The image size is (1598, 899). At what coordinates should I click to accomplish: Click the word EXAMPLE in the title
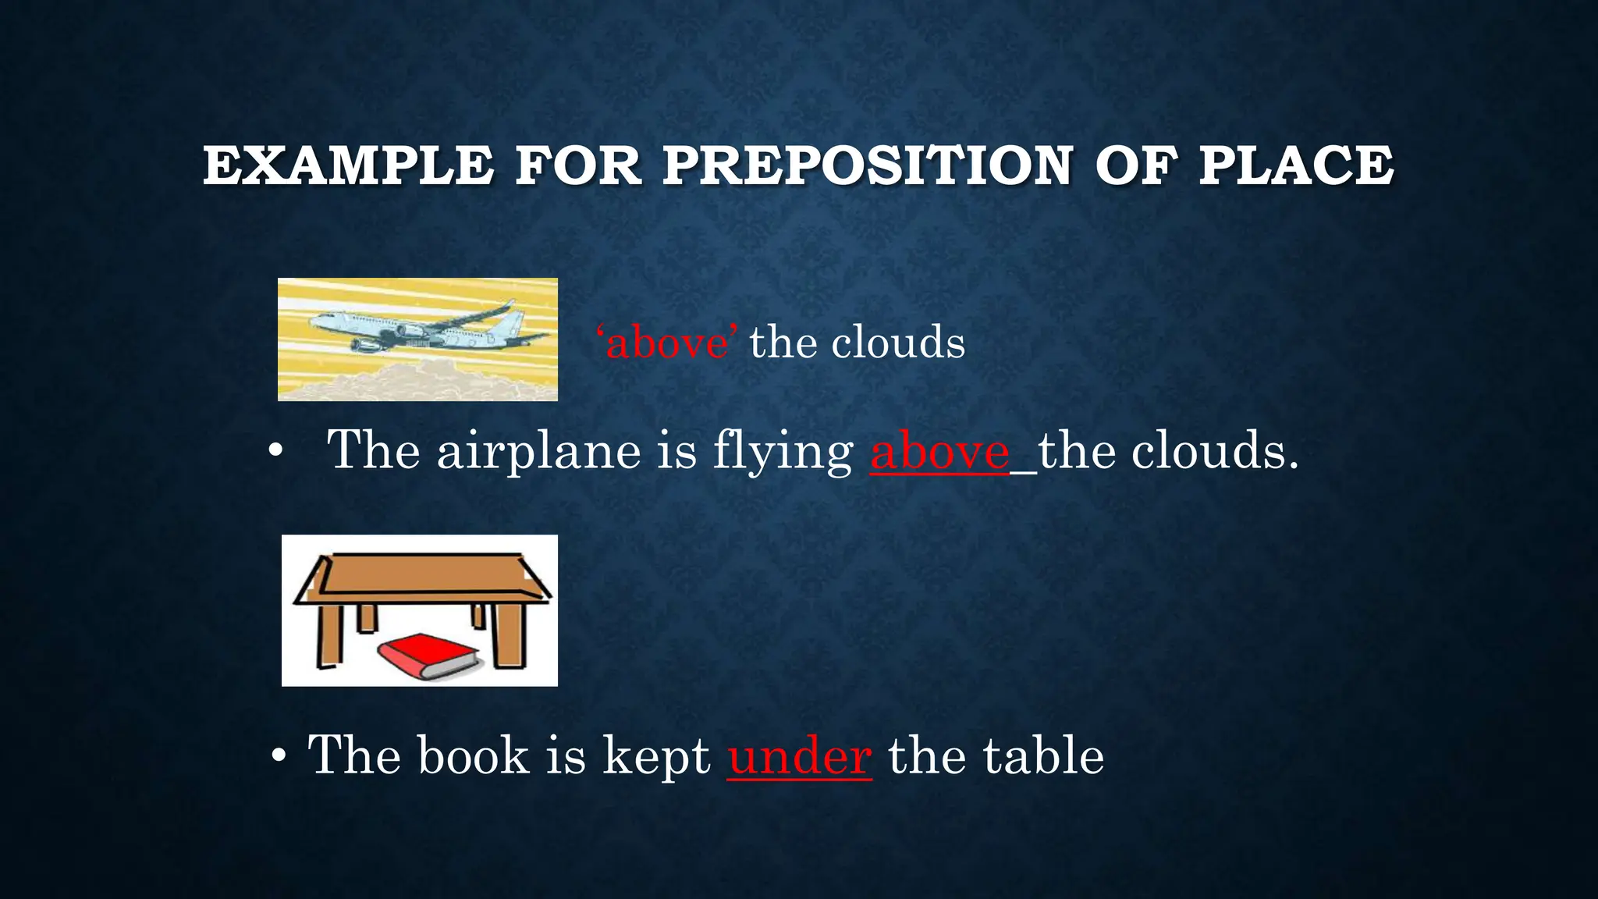point(348,165)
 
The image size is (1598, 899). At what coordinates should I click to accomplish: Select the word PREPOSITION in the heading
point(868,165)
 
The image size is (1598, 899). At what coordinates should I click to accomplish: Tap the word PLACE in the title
point(1296,165)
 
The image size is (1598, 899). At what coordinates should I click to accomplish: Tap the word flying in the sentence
point(783,453)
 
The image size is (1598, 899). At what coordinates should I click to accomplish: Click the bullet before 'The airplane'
point(274,452)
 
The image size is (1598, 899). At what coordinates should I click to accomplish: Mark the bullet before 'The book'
point(279,756)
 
